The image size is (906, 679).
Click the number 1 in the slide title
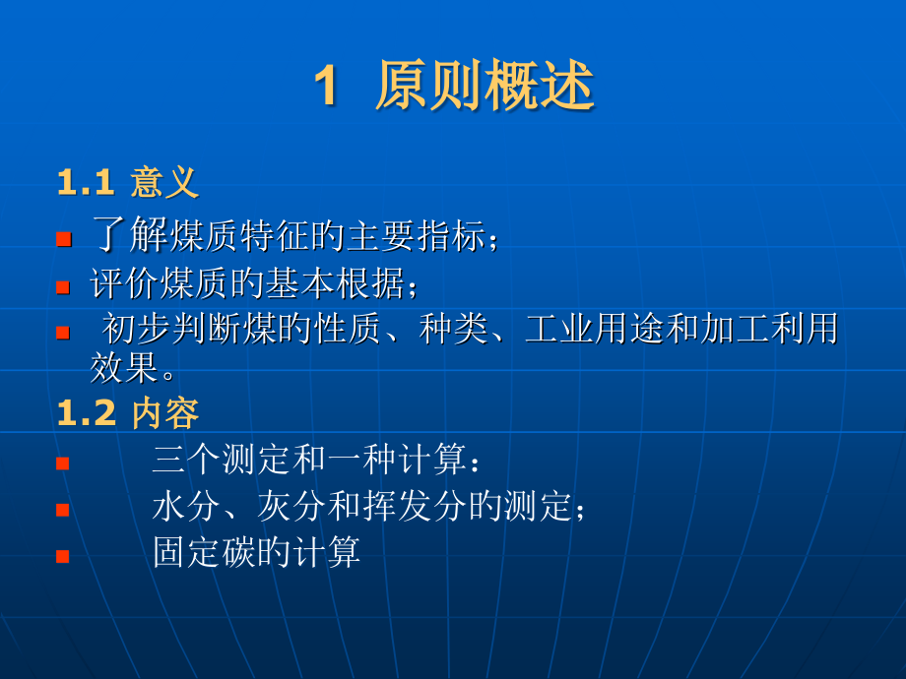tap(326, 89)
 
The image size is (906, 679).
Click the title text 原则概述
tap(485, 89)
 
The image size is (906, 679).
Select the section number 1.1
tap(88, 183)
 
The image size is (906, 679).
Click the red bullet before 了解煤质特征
tap(63, 239)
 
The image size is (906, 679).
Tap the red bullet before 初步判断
tap(63, 333)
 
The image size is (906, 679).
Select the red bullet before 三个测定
tap(63, 463)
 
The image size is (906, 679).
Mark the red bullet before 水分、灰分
tap(63, 510)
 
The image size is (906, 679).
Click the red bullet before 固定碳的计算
tap(63, 556)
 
